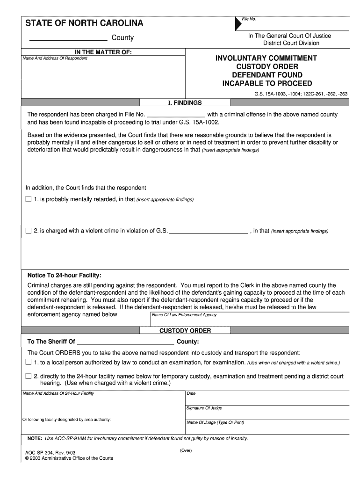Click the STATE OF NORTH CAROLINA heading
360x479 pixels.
(84, 23)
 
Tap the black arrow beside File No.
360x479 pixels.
(238, 24)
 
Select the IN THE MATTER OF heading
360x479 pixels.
(103, 52)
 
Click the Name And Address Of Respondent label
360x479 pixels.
(55, 58)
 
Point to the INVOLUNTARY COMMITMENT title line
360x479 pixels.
(266, 58)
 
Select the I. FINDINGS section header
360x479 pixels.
(185, 102)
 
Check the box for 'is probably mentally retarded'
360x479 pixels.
(29, 199)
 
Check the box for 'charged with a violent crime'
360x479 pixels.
(29, 231)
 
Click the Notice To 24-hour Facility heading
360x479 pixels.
(64, 275)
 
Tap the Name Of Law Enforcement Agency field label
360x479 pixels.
(185, 315)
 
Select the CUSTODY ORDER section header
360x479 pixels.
(185, 331)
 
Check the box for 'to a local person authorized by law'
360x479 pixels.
(29, 363)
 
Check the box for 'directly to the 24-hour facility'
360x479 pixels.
(29, 376)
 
